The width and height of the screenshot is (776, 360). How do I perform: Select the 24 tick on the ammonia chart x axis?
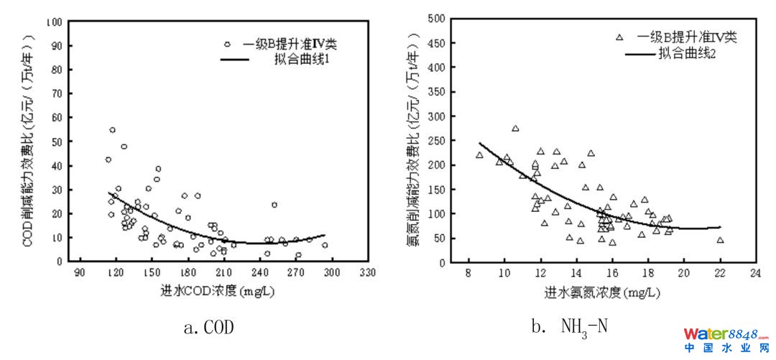point(755,274)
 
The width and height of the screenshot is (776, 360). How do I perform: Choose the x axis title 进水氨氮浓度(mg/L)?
point(602,293)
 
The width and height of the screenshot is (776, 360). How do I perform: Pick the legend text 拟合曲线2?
point(687,54)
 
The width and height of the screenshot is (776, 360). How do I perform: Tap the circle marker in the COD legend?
point(227,44)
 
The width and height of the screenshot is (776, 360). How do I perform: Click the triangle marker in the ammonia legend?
point(619,37)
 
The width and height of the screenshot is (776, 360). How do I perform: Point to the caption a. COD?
point(209,328)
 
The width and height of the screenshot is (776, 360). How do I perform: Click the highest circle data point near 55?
point(112,130)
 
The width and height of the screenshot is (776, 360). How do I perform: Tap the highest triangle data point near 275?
point(515,129)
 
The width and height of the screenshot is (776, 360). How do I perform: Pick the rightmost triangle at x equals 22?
point(720,240)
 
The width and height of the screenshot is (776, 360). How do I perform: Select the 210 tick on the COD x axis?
point(223,274)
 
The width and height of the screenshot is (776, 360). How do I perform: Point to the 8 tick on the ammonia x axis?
point(468,274)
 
